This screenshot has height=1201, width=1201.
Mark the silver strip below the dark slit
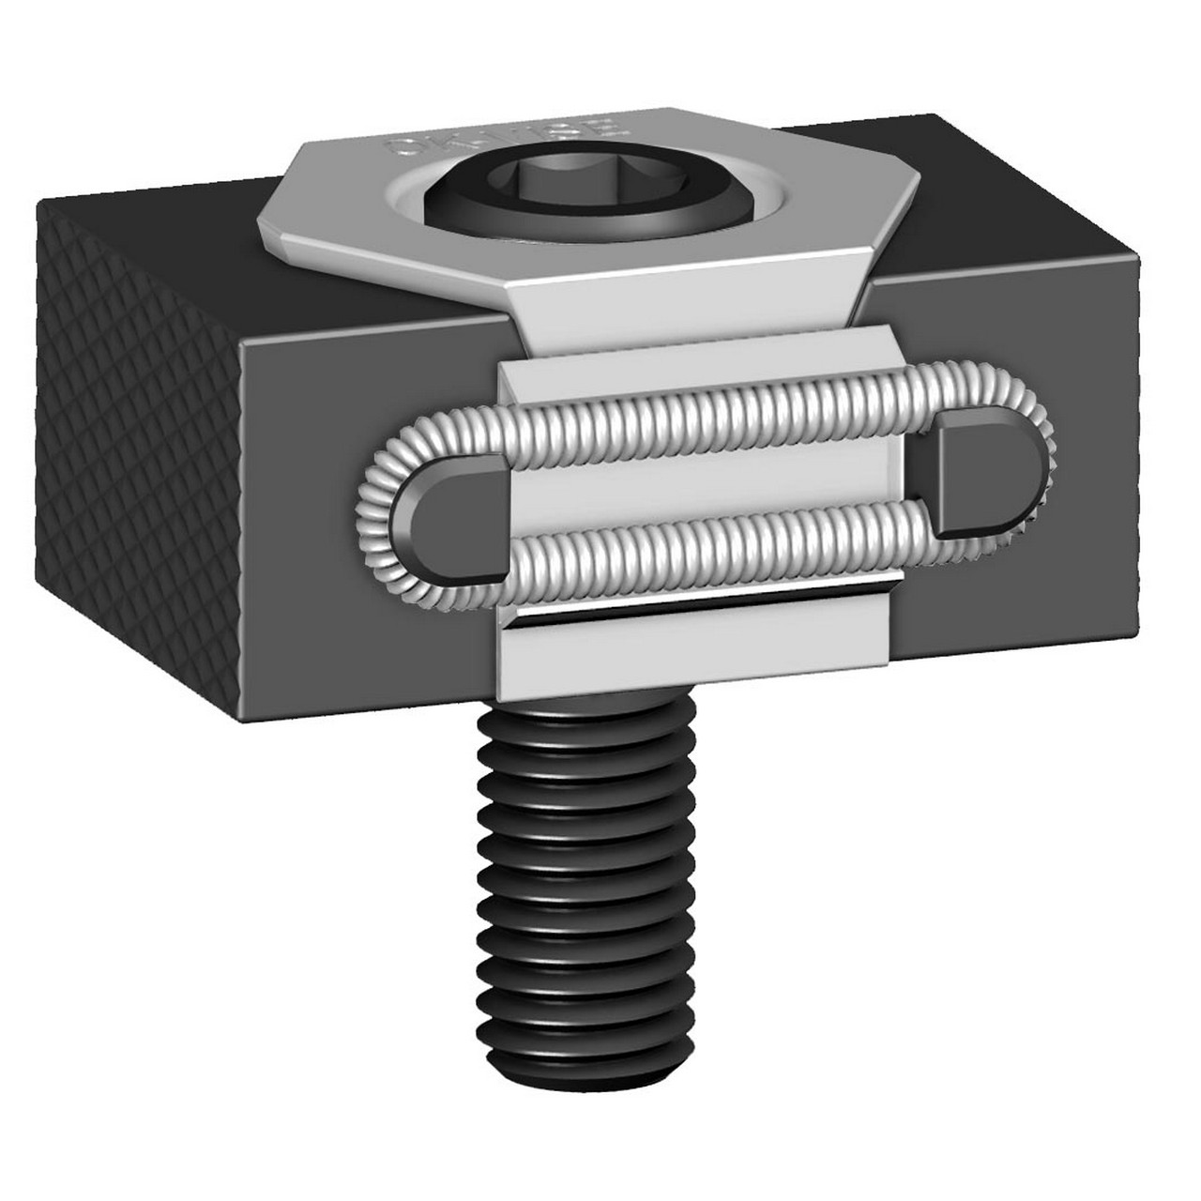[x=694, y=652]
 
